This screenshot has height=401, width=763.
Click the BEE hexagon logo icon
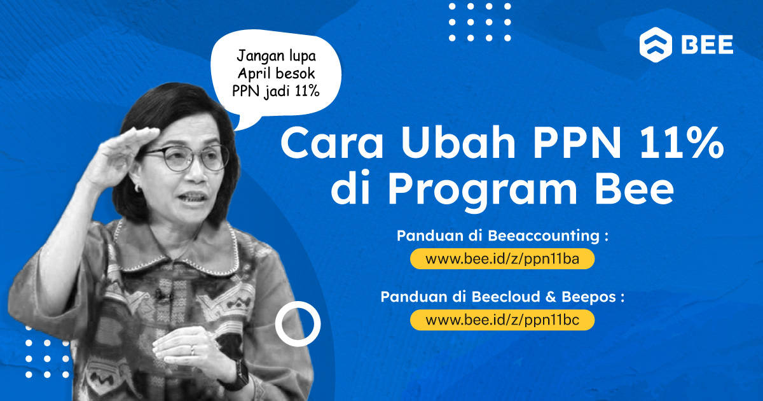click(656, 45)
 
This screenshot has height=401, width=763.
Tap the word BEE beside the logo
click(707, 45)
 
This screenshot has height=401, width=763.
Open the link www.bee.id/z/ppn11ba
click(502, 259)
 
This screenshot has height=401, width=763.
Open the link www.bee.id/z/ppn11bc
click(502, 320)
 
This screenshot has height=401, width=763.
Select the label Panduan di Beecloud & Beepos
click(502, 297)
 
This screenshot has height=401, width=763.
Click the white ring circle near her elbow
click(298, 324)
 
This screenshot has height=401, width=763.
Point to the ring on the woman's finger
click(192, 349)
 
